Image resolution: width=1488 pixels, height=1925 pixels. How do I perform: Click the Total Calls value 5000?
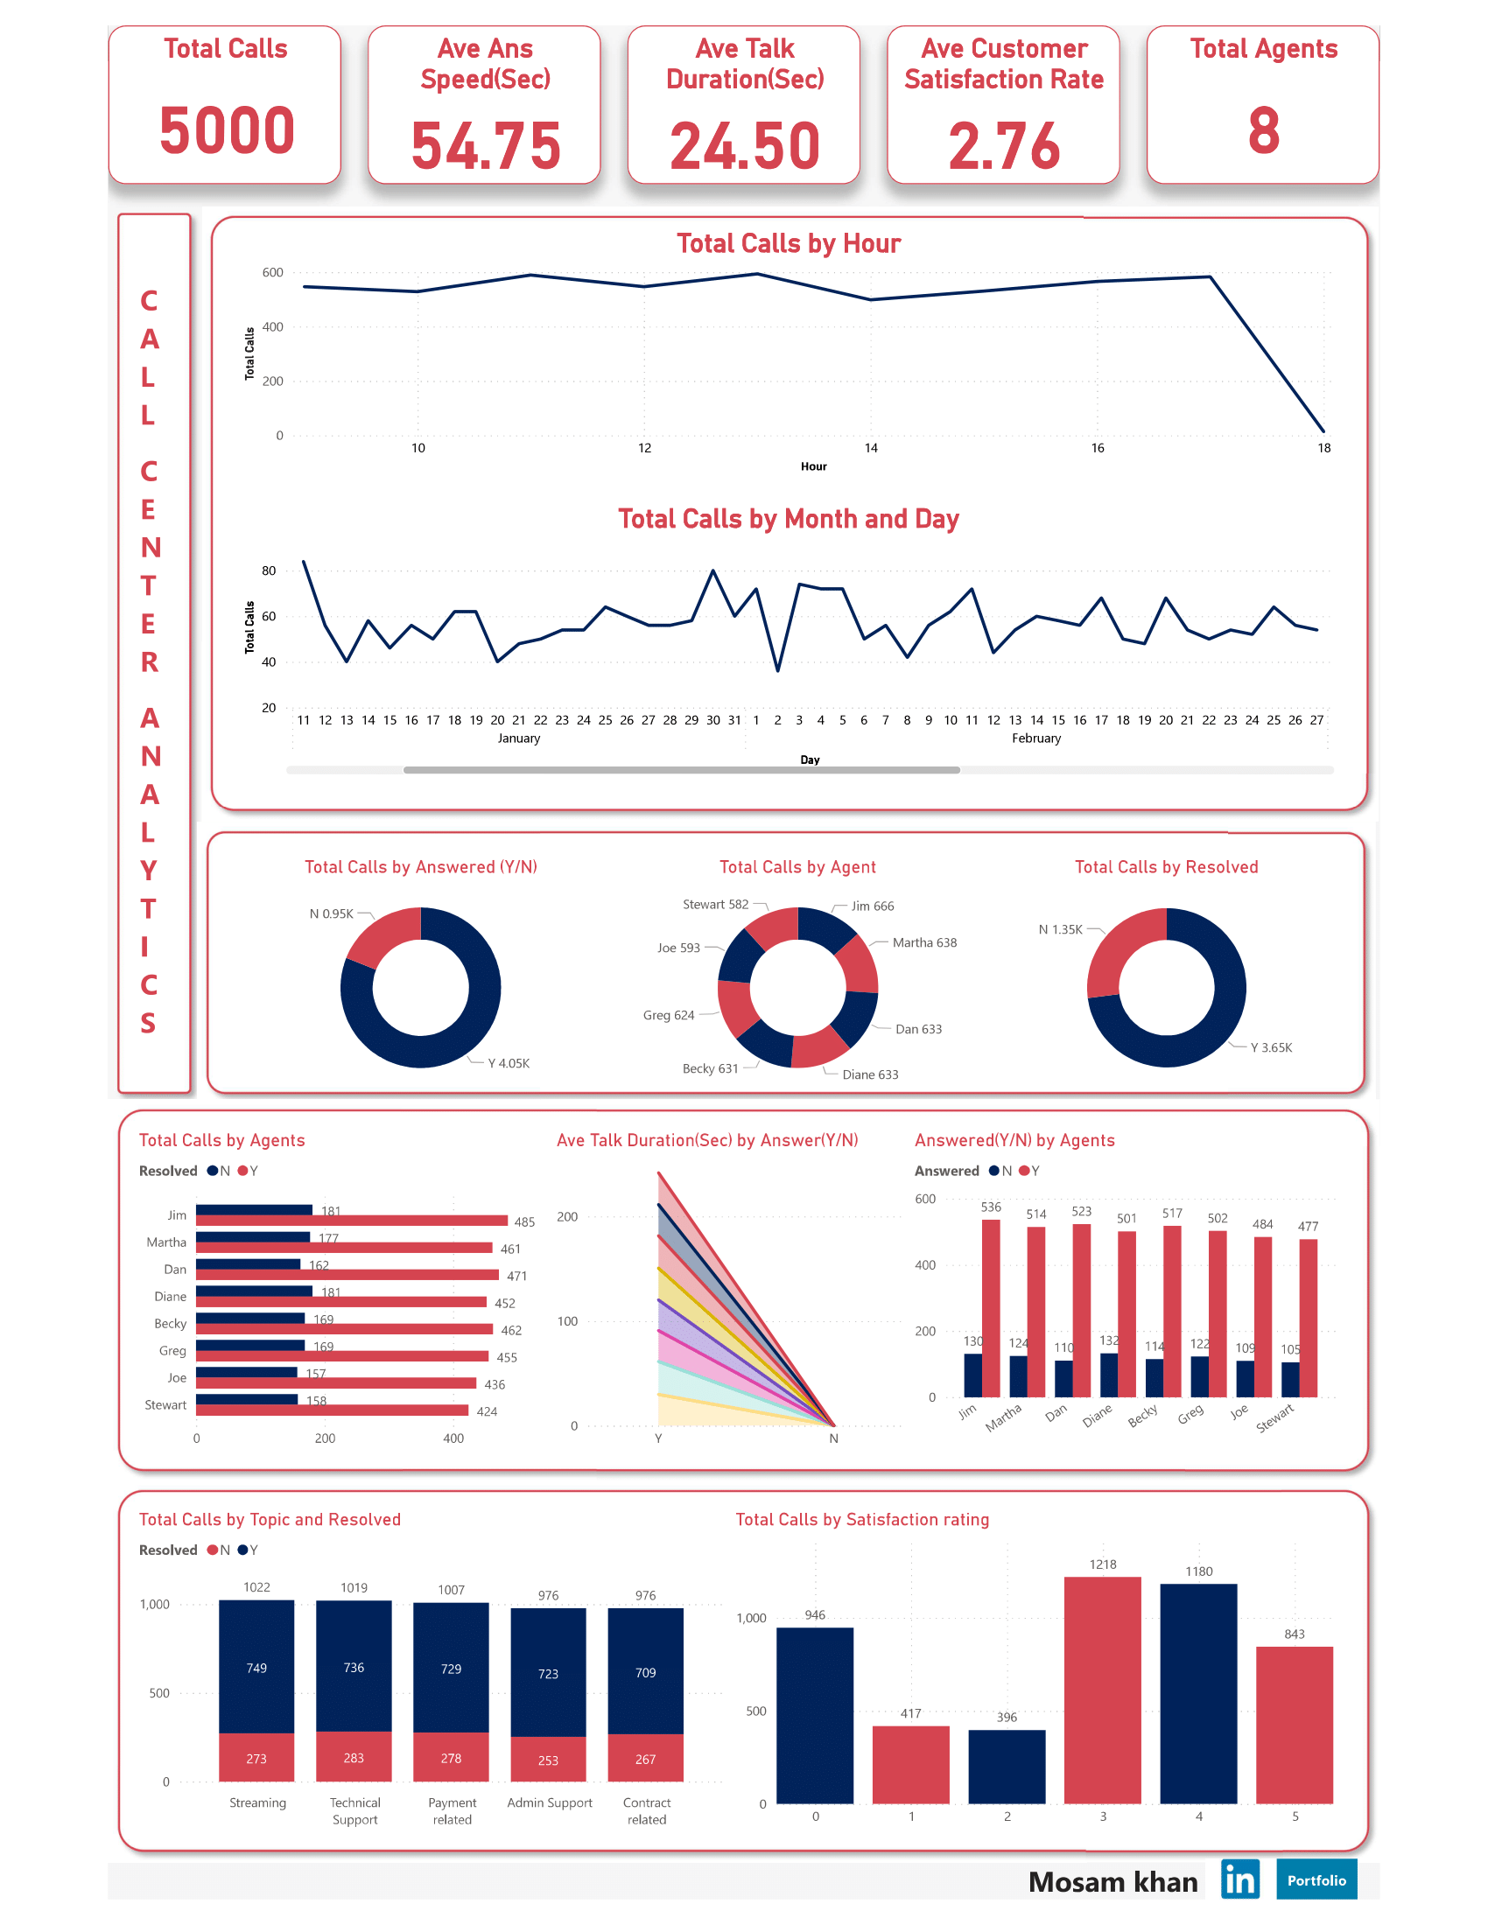(x=227, y=129)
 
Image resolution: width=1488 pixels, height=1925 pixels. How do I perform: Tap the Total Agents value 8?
(x=1262, y=129)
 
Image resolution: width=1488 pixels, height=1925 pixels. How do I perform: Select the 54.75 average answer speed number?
(x=485, y=145)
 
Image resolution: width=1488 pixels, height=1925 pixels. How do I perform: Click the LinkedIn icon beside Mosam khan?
(x=1239, y=1879)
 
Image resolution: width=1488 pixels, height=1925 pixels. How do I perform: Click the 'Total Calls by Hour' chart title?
(x=788, y=243)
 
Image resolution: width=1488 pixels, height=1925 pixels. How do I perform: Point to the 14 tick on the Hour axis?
(x=870, y=448)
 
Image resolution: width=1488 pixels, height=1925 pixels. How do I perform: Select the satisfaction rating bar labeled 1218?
(x=1102, y=1688)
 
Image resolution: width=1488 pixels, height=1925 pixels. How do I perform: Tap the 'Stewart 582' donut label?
(x=715, y=905)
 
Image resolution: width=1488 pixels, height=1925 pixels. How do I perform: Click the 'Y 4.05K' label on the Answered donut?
(x=509, y=1063)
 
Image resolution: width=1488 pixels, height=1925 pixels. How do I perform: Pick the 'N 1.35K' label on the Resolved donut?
(x=1060, y=929)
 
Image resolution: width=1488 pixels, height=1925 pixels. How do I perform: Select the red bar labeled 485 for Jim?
(x=351, y=1221)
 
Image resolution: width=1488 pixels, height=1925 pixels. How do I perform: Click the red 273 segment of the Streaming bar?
(x=256, y=1758)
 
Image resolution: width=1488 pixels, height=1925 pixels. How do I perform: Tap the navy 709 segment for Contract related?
(x=645, y=1671)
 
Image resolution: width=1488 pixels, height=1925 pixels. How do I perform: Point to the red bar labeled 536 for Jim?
(x=990, y=1307)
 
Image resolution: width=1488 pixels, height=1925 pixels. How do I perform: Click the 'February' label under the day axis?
(x=1035, y=738)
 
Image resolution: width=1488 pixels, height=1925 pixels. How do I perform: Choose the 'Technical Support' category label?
(x=354, y=1810)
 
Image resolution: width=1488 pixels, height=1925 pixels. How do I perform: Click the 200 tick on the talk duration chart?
(x=567, y=1216)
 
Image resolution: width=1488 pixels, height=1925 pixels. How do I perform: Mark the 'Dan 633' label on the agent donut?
(x=917, y=1029)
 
